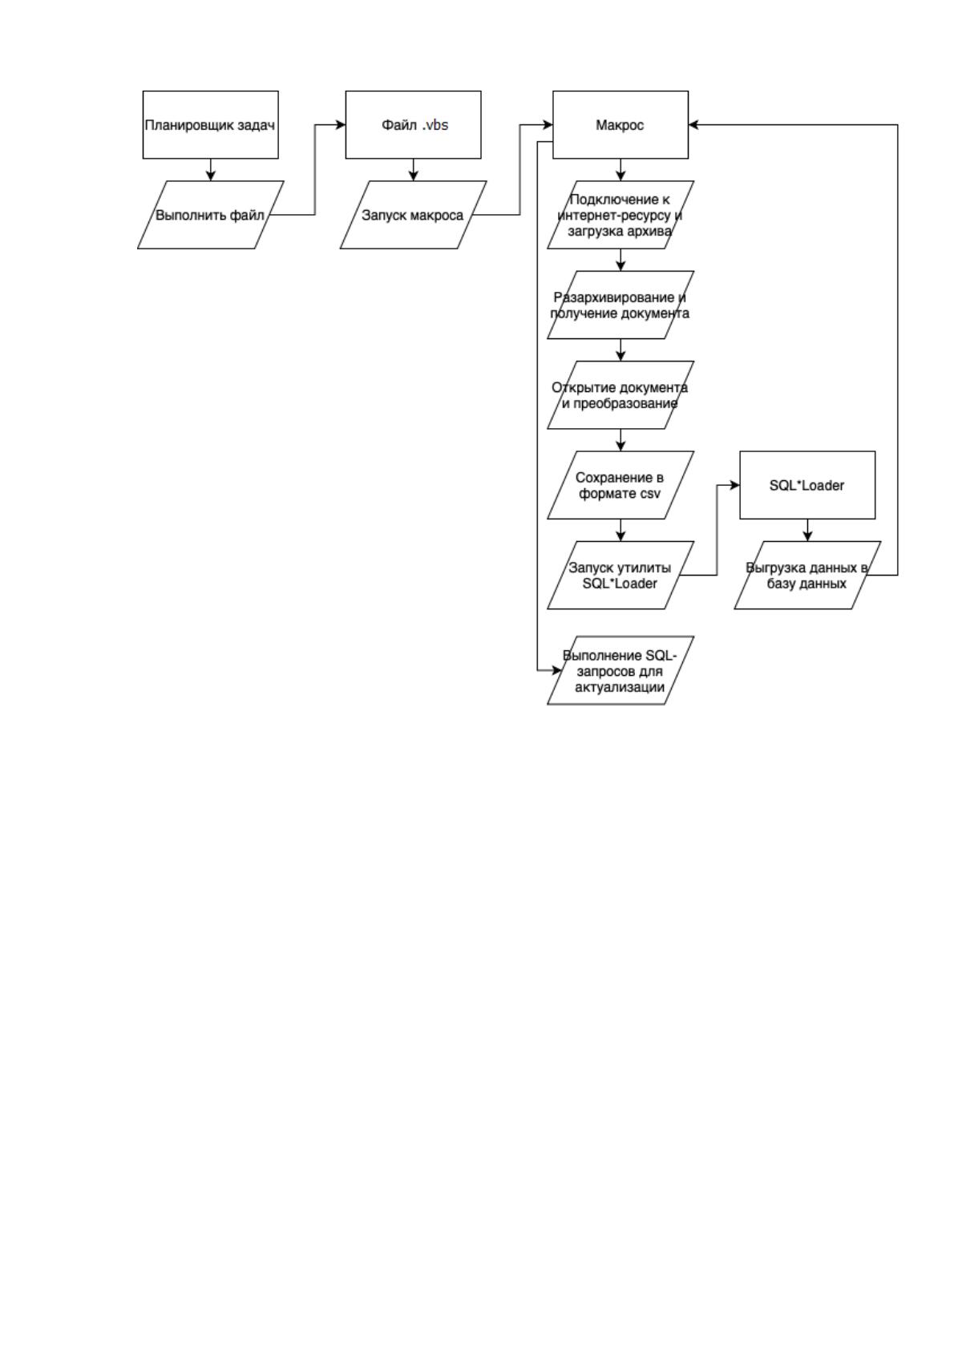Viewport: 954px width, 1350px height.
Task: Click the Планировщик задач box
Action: tap(210, 125)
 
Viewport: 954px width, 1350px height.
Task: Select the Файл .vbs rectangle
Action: tap(413, 125)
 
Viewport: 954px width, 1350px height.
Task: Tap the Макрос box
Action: tap(621, 125)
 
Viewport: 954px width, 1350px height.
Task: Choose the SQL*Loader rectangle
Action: tap(807, 484)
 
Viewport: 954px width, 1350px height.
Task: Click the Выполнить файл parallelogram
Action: tap(210, 215)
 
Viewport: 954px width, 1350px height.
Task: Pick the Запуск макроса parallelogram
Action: tap(413, 215)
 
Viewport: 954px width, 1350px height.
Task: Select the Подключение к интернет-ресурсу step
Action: tap(621, 215)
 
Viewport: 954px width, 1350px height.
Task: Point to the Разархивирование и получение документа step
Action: tap(621, 305)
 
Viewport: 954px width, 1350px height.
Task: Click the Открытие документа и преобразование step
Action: tap(621, 394)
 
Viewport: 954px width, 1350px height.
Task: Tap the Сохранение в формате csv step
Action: tap(621, 484)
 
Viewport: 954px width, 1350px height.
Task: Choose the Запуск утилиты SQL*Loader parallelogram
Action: tap(621, 575)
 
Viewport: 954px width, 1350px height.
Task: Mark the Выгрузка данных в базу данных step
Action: tap(807, 575)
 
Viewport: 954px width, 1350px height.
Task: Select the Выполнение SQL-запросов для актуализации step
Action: tap(621, 670)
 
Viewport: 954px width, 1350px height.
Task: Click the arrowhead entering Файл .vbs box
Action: tap(341, 125)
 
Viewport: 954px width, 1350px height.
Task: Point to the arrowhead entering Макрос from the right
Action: tap(693, 125)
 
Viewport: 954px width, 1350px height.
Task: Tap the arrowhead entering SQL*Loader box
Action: tap(734, 484)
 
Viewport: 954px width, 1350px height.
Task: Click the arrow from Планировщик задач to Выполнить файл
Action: tap(210, 170)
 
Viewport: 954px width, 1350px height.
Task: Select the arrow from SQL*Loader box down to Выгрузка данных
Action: tap(807, 531)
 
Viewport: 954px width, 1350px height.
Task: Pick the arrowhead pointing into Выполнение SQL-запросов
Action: tap(557, 670)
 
